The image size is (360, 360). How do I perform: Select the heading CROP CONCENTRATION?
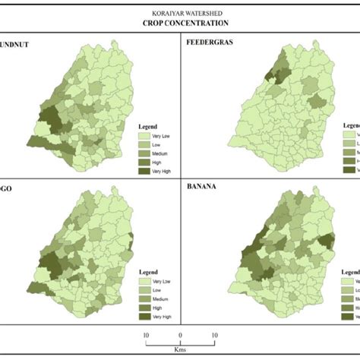pyautogui.click(x=180, y=24)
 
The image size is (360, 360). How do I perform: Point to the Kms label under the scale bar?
pyautogui.click(x=180, y=349)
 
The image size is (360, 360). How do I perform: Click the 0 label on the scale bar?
pyautogui.click(x=180, y=334)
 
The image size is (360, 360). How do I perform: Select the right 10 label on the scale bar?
pyautogui.click(x=214, y=334)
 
